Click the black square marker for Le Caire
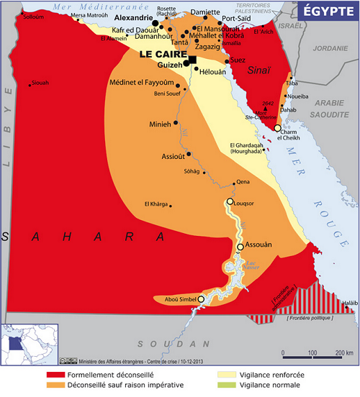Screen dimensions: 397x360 [x=192, y=59]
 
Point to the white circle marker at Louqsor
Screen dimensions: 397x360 [x=230, y=202]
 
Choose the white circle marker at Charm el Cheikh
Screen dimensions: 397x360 [x=278, y=128]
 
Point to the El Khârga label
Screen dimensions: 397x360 [x=156, y=204]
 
